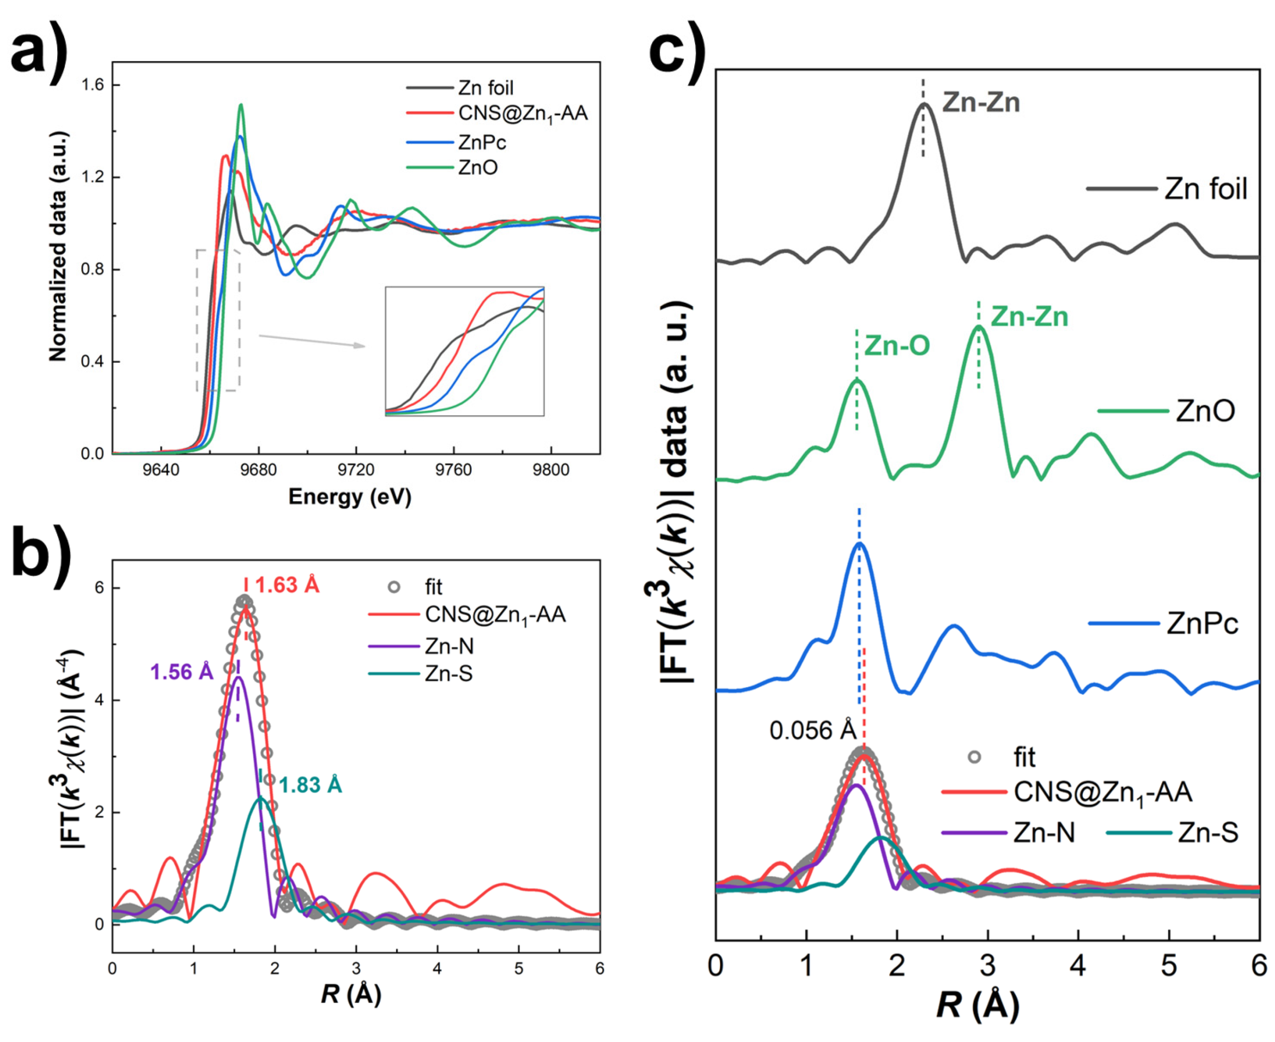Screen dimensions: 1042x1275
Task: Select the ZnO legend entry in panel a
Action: [478, 167]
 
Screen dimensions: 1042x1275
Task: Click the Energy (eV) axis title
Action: [350, 496]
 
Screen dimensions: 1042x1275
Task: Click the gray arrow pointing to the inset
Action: [312, 341]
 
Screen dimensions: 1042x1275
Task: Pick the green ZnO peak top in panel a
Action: [241, 106]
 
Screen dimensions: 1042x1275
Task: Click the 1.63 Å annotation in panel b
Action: [287, 585]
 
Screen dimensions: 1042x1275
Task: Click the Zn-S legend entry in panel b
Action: [448, 674]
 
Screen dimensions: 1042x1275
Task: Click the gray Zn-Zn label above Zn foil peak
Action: [980, 103]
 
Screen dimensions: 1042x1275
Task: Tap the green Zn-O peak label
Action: [897, 346]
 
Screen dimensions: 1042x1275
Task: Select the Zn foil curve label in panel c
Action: [1206, 190]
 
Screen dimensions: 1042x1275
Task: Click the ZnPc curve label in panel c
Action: [1202, 624]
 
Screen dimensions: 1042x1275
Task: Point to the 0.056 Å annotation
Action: [813, 731]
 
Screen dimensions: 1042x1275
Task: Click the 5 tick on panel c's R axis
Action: [1168, 966]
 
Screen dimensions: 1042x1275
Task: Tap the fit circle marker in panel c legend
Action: [974, 757]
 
